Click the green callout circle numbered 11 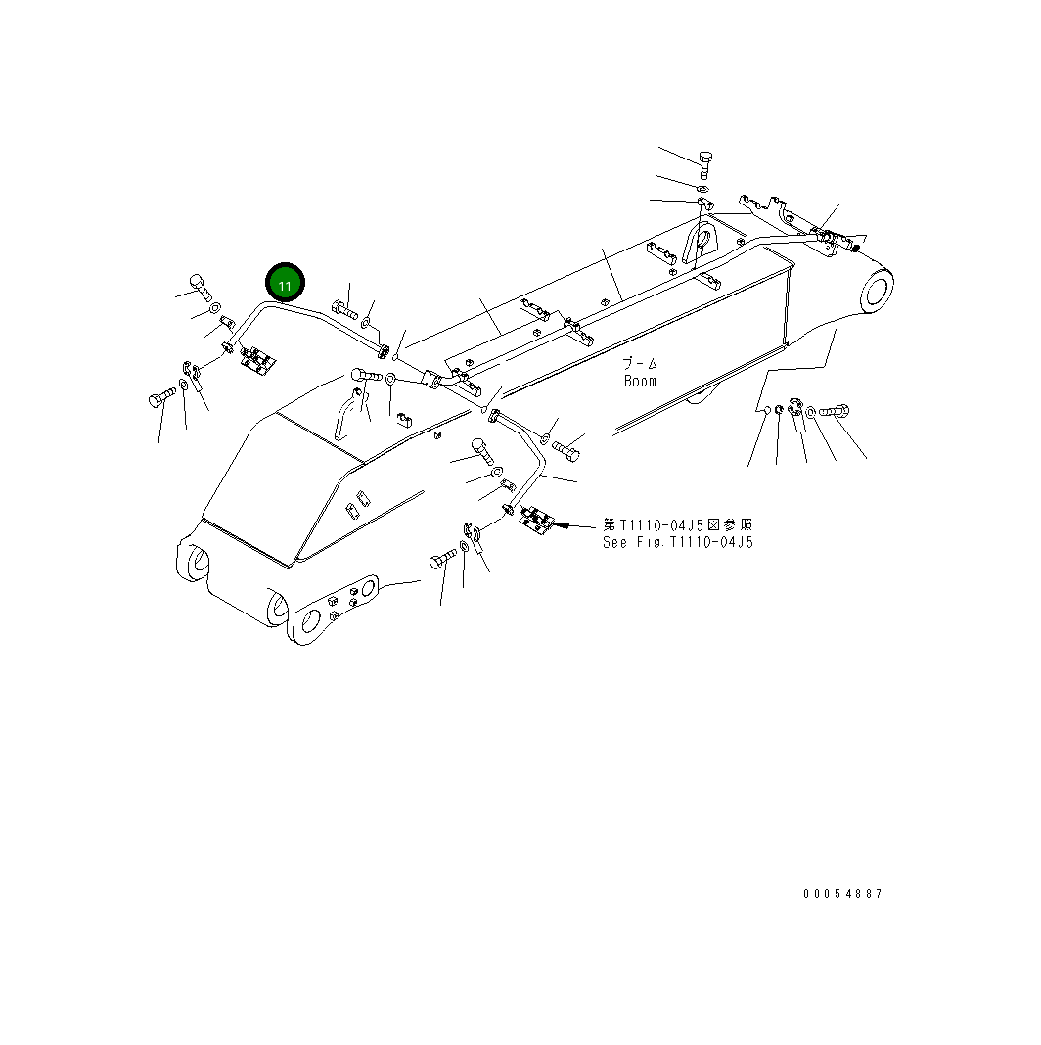285,285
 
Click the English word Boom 640,381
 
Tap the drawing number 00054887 842,894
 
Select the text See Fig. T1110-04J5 678,542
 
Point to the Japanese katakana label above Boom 640,363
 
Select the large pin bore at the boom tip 877,291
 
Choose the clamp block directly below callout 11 259,358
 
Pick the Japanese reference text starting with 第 678,525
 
